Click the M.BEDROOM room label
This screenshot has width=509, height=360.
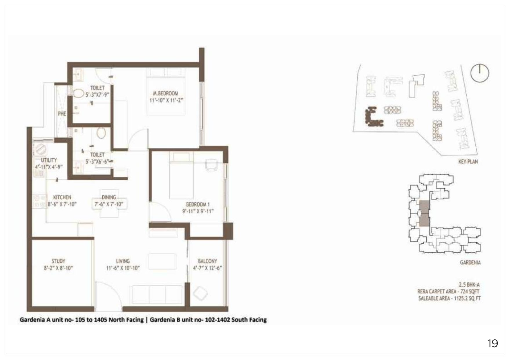[x=166, y=93]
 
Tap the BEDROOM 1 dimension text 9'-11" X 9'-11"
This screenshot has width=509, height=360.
[x=198, y=211]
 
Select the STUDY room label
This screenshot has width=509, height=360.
[x=58, y=261]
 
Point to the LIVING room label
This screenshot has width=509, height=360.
[x=123, y=261]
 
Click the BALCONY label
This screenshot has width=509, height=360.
[x=207, y=261]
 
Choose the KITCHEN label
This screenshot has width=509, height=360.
[x=62, y=197]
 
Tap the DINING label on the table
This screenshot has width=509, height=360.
[x=109, y=197]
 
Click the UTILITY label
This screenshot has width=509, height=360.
[x=49, y=160]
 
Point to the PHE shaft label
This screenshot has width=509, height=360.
[x=62, y=114]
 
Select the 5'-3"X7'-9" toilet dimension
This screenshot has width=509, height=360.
[x=97, y=94]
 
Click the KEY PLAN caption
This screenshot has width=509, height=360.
[x=468, y=162]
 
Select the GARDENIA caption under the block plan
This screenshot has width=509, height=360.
[x=470, y=263]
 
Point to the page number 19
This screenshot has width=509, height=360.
[x=493, y=343]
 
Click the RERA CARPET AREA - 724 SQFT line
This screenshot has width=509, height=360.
[x=449, y=292]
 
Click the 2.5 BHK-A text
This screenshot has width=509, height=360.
[x=469, y=285]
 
